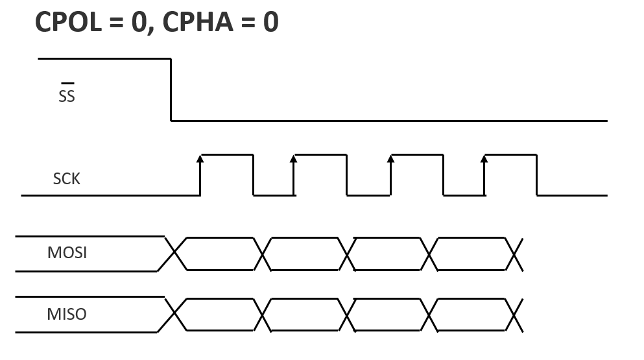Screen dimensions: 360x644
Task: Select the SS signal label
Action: tap(67, 97)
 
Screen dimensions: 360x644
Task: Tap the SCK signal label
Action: tap(67, 179)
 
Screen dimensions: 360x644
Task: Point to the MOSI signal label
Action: tap(67, 252)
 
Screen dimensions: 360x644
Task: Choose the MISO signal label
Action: tap(67, 315)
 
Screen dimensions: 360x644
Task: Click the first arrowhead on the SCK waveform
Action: tap(200, 158)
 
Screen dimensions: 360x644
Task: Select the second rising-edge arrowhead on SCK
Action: tap(293, 158)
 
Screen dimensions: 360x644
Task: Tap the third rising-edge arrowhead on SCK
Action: tap(390, 158)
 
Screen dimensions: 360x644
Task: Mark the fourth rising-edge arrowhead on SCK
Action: tap(484, 158)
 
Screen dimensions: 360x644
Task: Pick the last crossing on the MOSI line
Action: tap(514, 254)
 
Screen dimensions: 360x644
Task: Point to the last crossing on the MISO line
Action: tap(514, 315)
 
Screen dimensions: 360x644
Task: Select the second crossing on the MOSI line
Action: tap(263, 254)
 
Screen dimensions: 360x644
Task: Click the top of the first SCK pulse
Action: tap(226, 155)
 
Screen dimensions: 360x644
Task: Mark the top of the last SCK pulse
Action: tap(510, 155)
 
